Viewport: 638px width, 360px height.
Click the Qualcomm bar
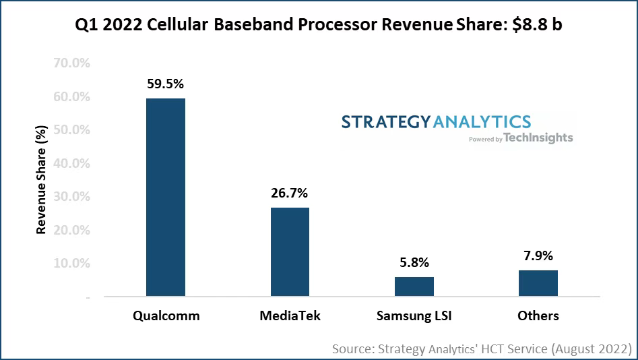click(x=166, y=197)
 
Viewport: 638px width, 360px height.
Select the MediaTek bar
click(x=290, y=251)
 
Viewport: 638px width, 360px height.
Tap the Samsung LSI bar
click(x=414, y=286)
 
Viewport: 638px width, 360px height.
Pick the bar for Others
click(x=538, y=282)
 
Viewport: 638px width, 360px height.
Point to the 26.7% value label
click(x=290, y=193)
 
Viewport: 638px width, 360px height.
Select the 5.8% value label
click(x=414, y=263)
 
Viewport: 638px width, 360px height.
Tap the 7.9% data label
click(x=538, y=256)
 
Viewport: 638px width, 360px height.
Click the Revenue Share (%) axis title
click(x=42, y=180)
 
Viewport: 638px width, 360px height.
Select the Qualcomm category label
click(x=166, y=316)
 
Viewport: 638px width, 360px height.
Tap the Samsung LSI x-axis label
click(x=414, y=316)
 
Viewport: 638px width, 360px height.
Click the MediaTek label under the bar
click(x=290, y=316)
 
